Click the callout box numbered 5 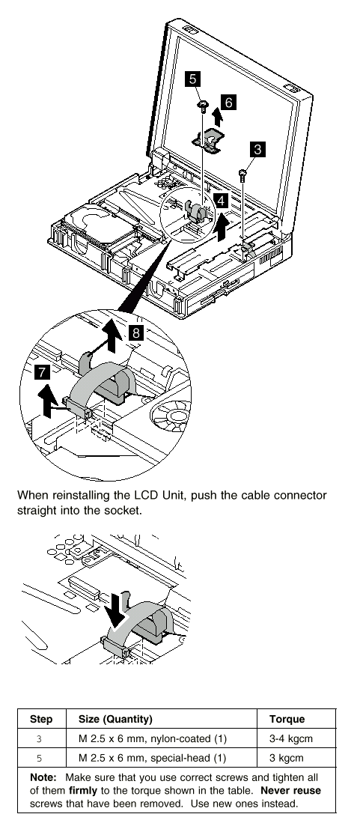[193, 79]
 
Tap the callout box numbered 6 [228, 102]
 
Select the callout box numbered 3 [257, 149]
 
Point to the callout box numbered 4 [222, 201]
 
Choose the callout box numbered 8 [136, 332]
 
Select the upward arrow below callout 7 [46, 401]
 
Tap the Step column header [41, 719]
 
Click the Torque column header [287, 719]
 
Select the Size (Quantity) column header [115, 719]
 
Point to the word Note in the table [43, 777]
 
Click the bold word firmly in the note [82, 790]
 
